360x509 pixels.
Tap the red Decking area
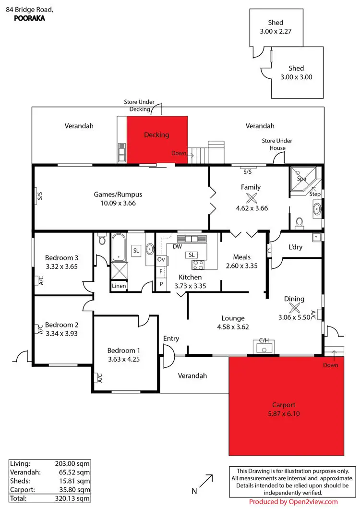pos(156,139)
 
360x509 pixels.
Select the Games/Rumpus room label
pos(118,194)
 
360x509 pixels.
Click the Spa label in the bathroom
pos(301,179)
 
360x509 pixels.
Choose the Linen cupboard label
pos(119,286)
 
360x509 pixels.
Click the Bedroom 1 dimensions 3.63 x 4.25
pos(123,358)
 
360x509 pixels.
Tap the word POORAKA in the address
pos(25,14)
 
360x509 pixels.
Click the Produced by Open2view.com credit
pos(293,502)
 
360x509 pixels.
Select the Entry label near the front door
pos(171,339)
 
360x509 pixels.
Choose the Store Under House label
pos(276,144)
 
